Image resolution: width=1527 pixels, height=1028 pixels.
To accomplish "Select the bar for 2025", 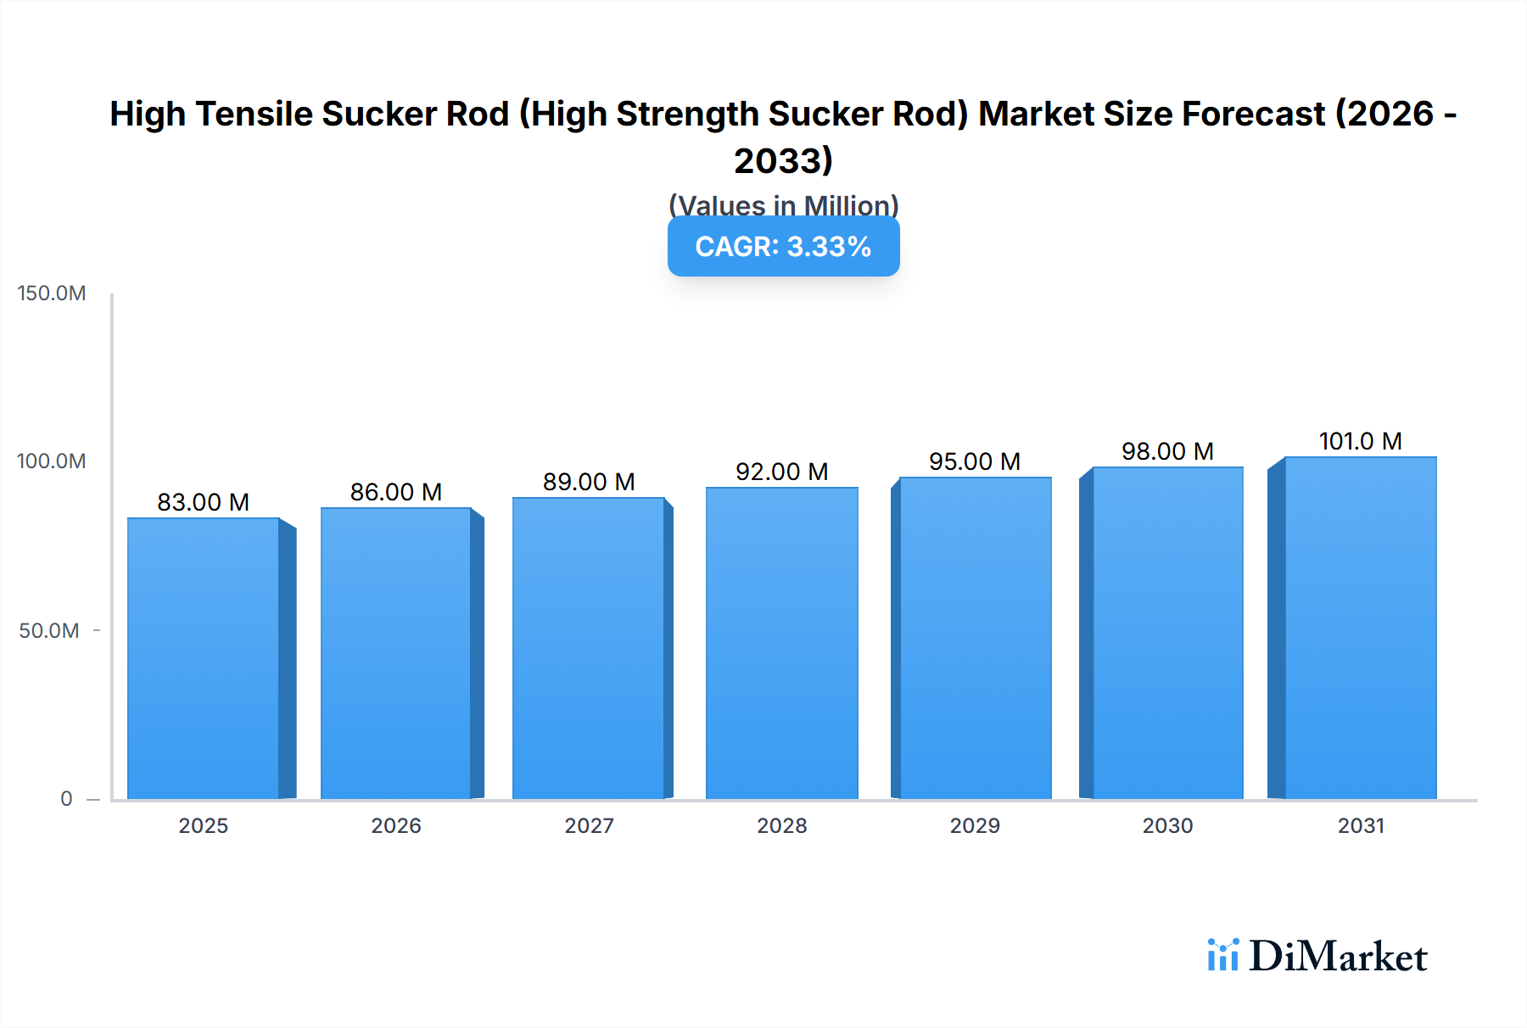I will pyautogui.click(x=204, y=658).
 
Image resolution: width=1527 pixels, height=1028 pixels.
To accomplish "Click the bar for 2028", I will pyautogui.click(x=781, y=643).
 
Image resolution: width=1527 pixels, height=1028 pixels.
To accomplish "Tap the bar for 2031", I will pyautogui.click(x=1360, y=628).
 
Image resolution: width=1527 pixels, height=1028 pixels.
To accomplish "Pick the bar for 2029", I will pyautogui.click(x=975, y=638).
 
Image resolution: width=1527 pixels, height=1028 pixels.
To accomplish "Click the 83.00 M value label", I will pyautogui.click(x=204, y=502).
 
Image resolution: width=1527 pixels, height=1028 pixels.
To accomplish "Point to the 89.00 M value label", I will pyautogui.click(x=589, y=482).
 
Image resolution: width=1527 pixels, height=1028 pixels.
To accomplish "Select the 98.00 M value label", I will pyautogui.click(x=1167, y=451).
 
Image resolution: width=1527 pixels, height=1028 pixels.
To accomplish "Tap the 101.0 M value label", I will pyautogui.click(x=1360, y=441).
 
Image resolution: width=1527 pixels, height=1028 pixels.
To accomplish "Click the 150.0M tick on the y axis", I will pyautogui.click(x=52, y=293).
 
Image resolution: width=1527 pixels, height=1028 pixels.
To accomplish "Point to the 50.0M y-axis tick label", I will pyautogui.click(x=49, y=631).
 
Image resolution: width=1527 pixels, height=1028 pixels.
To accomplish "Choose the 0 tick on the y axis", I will pyautogui.click(x=66, y=799).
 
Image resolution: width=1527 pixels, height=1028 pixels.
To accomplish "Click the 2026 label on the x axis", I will pyautogui.click(x=396, y=825).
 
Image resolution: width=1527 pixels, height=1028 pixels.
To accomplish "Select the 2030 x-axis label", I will pyautogui.click(x=1167, y=825).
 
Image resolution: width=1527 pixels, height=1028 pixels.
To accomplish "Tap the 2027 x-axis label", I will pyautogui.click(x=589, y=825).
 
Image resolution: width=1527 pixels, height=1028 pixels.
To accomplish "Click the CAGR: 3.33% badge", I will pyautogui.click(x=783, y=247).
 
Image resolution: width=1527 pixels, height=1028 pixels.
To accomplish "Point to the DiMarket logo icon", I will pyautogui.click(x=1222, y=955).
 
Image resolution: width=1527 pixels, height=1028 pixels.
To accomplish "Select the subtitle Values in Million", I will pyautogui.click(x=783, y=205).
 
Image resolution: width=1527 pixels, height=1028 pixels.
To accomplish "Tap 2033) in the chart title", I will pyautogui.click(x=783, y=160).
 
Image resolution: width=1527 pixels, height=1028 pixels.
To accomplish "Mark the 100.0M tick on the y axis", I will pyautogui.click(x=52, y=461).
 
